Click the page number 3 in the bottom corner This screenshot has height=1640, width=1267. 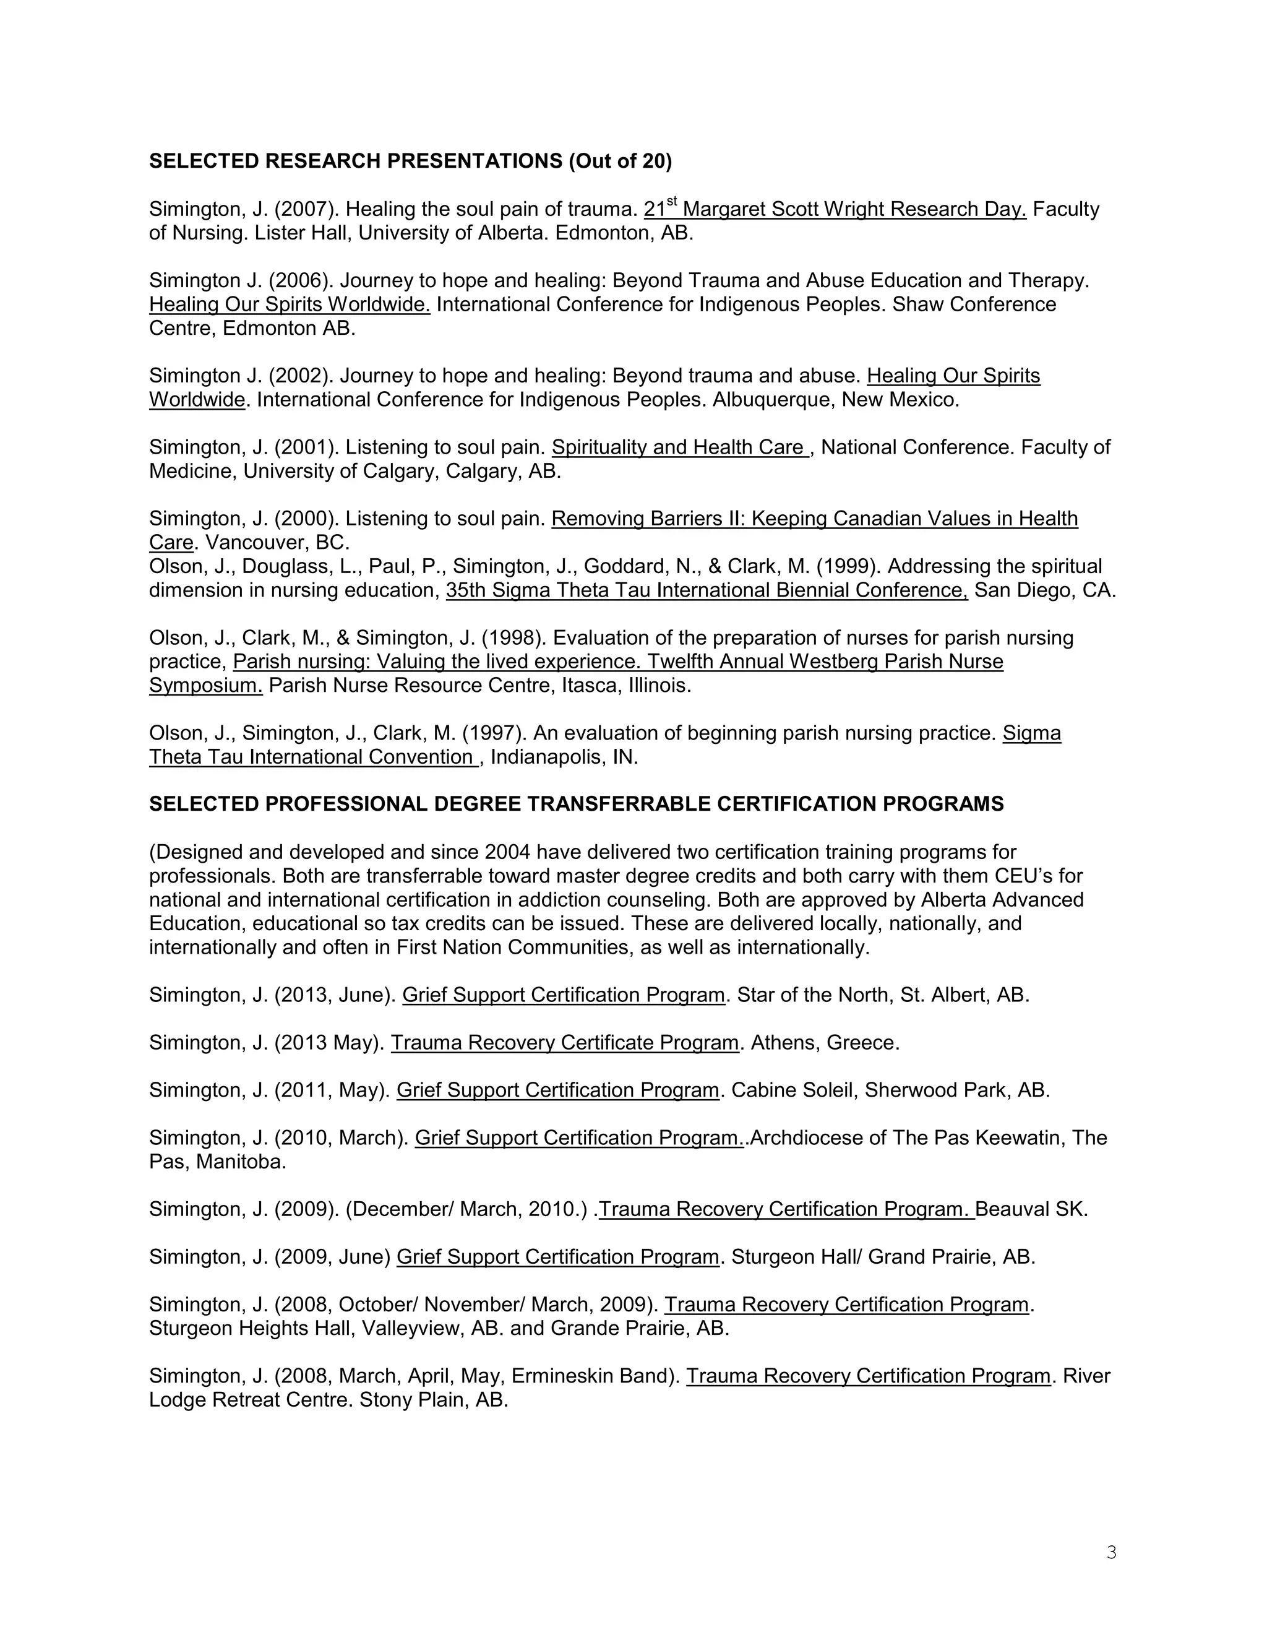coord(1111,1552)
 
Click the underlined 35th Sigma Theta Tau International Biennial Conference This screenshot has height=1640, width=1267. coord(707,590)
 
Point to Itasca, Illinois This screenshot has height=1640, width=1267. coord(626,686)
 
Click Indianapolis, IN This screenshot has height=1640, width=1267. coord(564,757)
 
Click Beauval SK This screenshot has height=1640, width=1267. coord(1031,1210)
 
